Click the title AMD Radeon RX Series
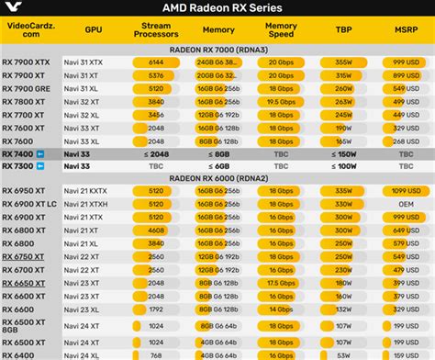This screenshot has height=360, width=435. (217, 8)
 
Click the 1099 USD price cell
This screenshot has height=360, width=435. (406, 190)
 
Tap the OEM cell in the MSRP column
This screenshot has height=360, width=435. (406, 203)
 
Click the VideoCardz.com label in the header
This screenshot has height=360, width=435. (28, 28)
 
